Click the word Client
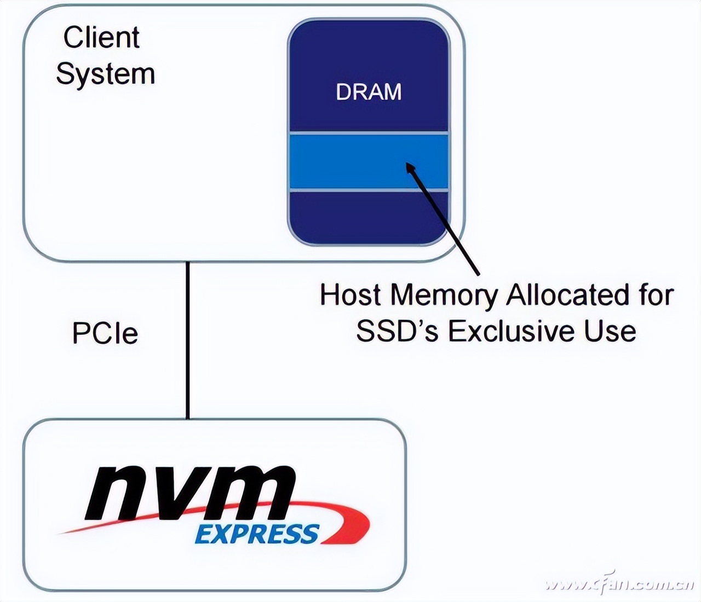point(101,37)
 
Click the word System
point(106,74)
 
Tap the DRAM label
point(369,91)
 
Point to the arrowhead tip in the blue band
point(407,164)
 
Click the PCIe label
point(105,333)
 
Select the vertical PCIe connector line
point(187,339)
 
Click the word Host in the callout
point(350,295)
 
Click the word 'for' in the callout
point(656,295)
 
